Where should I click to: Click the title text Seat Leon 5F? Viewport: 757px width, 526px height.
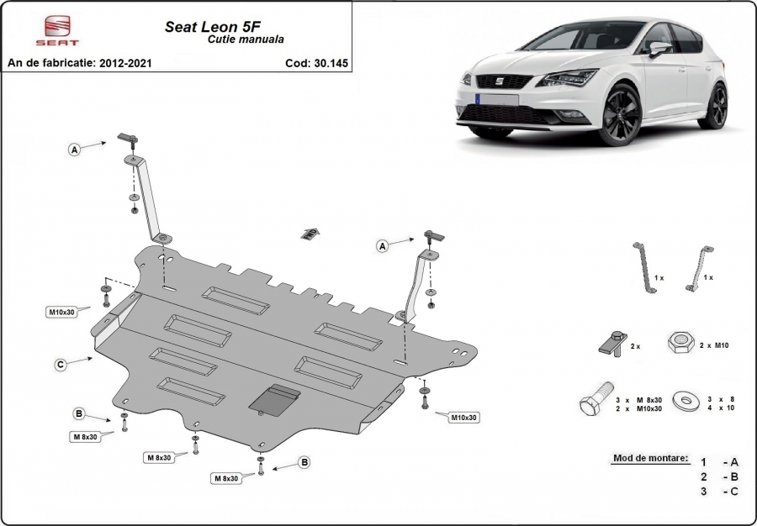(213, 27)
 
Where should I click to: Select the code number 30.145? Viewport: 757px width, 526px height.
(331, 63)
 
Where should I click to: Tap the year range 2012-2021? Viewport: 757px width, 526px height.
(125, 63)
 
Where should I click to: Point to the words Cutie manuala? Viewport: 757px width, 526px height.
(246, 39)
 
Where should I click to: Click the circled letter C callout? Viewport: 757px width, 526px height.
(61, 365)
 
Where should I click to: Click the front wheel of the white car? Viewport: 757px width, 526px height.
(619, 115)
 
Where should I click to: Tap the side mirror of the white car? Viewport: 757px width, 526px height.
(660, 49)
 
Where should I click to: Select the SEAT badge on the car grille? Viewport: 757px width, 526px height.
(499, 81)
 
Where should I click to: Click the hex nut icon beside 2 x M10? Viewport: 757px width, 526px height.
(681, 343)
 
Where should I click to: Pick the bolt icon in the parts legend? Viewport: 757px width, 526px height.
(596, 399)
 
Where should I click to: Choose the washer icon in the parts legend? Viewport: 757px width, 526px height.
(685, 401)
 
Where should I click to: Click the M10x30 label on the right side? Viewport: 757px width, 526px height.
(464, 418)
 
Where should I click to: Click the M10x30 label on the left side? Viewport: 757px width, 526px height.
(61, 312)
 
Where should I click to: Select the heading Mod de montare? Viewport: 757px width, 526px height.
(651, 458)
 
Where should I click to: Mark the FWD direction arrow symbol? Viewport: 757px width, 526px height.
(310, 234)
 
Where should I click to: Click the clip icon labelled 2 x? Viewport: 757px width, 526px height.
(612, 344)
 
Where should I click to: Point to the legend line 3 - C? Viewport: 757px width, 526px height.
(720, 492)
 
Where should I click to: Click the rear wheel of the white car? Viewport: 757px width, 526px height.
(713, 106)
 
